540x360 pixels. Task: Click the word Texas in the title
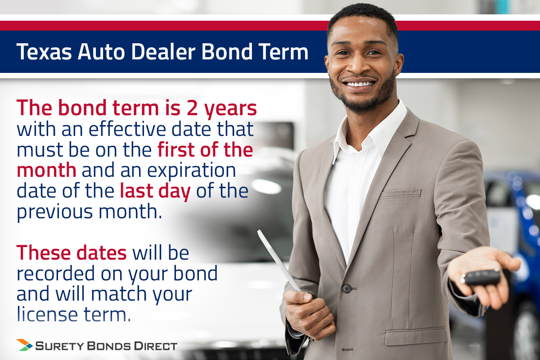pos(44,52)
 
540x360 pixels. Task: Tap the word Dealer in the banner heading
pos(163,52)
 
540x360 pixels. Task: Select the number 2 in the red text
pos(193,108)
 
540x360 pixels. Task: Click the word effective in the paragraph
pos(127,129)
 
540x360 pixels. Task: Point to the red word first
pos(176,149)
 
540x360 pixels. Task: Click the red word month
pos(46,170)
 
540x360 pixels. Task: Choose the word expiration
pos(191,171)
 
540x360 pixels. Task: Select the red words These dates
pos(72,253)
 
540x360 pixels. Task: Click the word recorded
pos(56,274)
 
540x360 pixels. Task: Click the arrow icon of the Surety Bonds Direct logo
pos(24,345)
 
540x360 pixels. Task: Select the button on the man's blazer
pos(346,288)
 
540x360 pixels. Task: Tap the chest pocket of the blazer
pos(400,194)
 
